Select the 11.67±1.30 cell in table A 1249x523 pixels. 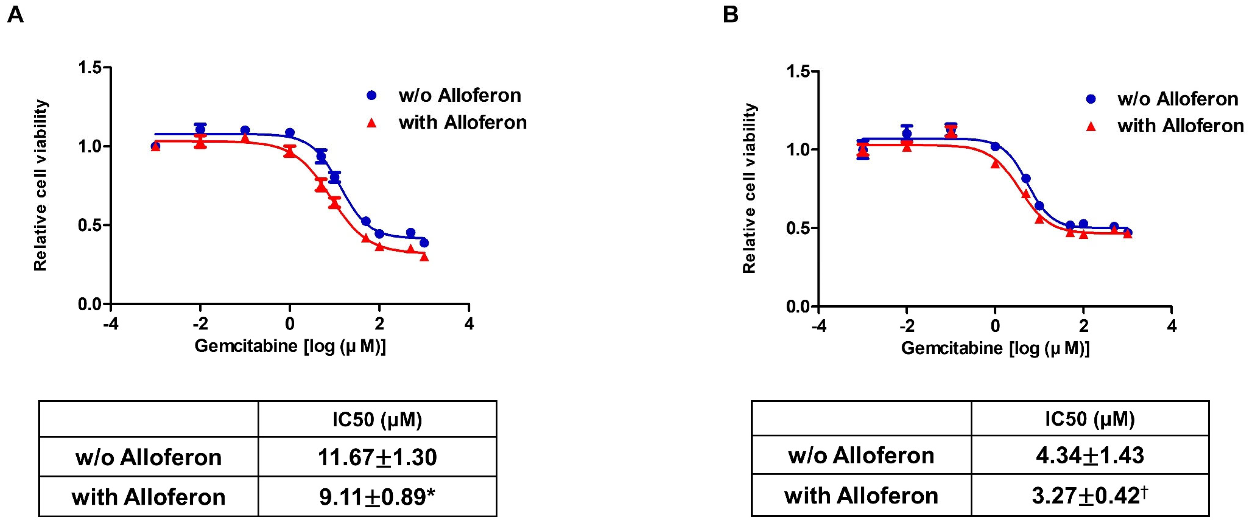pyautogui.click(x=377, y=457)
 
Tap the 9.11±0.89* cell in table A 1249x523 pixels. pyautogui.click(x=377, y=497)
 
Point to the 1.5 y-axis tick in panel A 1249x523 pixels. pyautogui.click(x=91, y=67)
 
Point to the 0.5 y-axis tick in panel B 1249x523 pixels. pyautogui.click(x=799, y=228)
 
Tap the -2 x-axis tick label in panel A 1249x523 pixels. pyautogui.click(x=200, y=323)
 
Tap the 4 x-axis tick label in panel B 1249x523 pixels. pyautogui.click(x=1172, y=326)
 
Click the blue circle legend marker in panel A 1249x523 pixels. pyautogui.click(x=371, y=95)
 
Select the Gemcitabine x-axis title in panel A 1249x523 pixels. pyautogui.click(x=290, y=346)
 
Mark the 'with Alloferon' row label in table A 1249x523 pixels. pyautogui.click(x=148, y=497)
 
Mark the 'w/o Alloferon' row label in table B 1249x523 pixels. pyautogui.click(x=861, y=455)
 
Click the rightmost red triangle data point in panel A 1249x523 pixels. pyautogui.click(x=424, y=257)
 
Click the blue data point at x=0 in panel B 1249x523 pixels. pyautogui.click(x=995, y=146)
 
